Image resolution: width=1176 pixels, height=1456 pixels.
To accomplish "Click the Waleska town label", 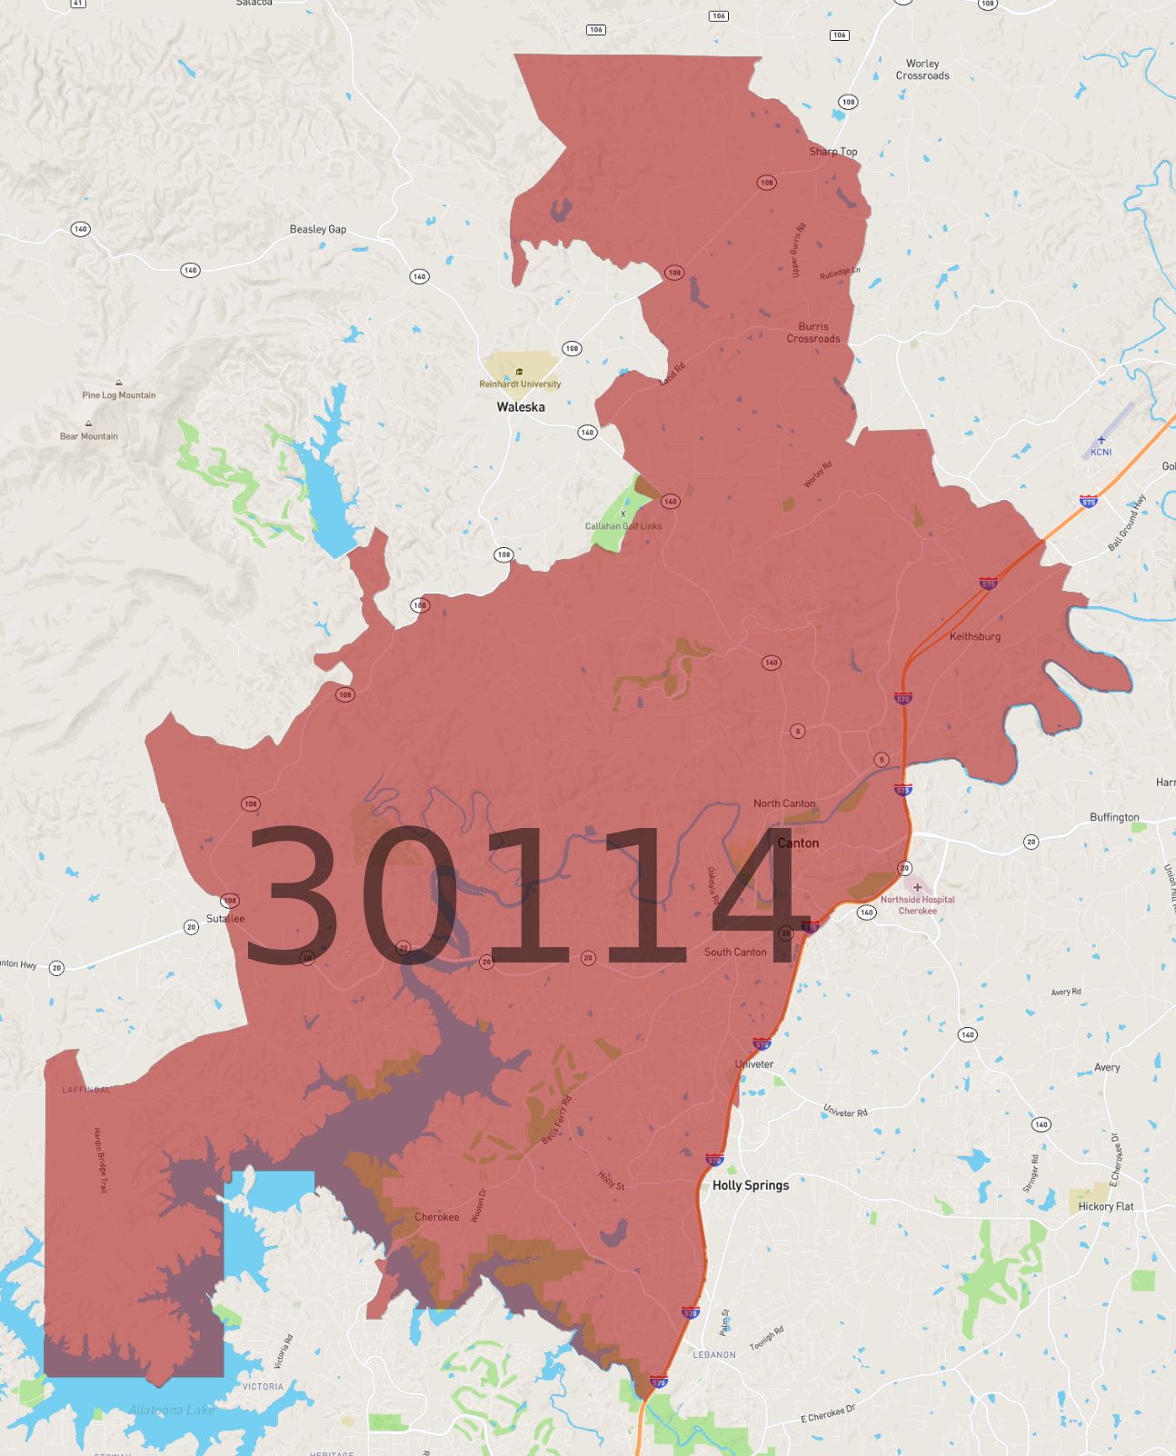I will pos(521,407).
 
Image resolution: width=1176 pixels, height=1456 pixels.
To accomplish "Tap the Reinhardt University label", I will pos(520,384).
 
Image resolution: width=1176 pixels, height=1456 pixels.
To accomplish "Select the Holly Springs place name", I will pos(751,1185).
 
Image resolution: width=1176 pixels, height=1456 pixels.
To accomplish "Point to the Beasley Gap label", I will pos(318,229).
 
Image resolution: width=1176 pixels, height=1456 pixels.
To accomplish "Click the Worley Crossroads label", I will pos(922,70).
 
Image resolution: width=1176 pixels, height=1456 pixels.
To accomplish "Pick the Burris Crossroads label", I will pos(813,333).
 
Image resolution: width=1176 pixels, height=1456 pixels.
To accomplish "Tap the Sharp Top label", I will pos(833,152).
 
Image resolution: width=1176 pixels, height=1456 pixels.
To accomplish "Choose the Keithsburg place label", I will pos(975,636).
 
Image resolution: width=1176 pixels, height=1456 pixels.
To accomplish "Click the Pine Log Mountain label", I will pos(119,395).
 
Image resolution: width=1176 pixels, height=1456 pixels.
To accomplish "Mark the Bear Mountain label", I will pos(89,436).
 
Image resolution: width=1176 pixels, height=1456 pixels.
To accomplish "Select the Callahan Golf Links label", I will pos(623,526).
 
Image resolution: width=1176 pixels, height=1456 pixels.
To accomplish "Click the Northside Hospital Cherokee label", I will pos(918,905).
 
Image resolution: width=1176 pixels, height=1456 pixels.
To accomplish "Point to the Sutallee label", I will pos(225,919).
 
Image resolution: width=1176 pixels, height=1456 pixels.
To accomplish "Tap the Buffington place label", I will pos(1114,817).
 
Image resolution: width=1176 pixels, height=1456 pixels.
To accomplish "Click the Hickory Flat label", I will pos(1106,1206).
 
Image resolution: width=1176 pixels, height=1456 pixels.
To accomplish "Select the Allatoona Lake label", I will pos(172,1410).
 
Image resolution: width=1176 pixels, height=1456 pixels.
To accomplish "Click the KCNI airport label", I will pos(1101,452).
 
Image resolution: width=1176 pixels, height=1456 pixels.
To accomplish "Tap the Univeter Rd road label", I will pos(845,1112).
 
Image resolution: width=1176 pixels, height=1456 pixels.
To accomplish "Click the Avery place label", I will pos(1107,1068).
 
